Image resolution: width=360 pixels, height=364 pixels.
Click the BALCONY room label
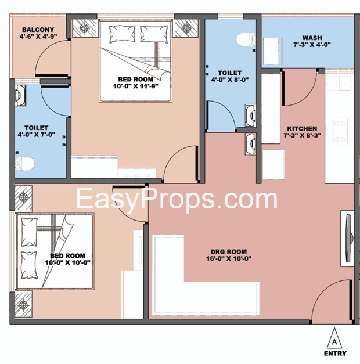[38, 30]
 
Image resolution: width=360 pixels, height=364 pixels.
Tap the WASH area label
[312, 38]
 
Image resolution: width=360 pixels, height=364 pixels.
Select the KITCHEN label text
[302, 129]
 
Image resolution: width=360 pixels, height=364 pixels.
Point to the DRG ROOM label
[229, 251]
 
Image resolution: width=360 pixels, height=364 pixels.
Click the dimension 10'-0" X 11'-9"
[136, 86]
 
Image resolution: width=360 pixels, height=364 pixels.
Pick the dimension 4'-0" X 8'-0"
[230, 80]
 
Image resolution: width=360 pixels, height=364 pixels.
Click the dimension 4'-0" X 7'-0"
[37, 135]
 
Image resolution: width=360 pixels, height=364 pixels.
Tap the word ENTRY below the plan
[335, 354]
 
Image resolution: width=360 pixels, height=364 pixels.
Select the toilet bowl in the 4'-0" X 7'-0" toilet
[24, 163]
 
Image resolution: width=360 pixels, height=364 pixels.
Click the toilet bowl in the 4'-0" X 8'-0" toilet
[246, 39]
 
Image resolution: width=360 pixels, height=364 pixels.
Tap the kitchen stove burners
[340, 131]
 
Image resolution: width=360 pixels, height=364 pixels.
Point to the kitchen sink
[339, 83]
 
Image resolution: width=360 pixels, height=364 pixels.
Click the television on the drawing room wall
[348, 239]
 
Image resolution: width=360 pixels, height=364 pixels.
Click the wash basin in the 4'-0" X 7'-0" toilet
[20, 95]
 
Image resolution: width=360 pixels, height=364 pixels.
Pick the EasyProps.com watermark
[177, 199]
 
